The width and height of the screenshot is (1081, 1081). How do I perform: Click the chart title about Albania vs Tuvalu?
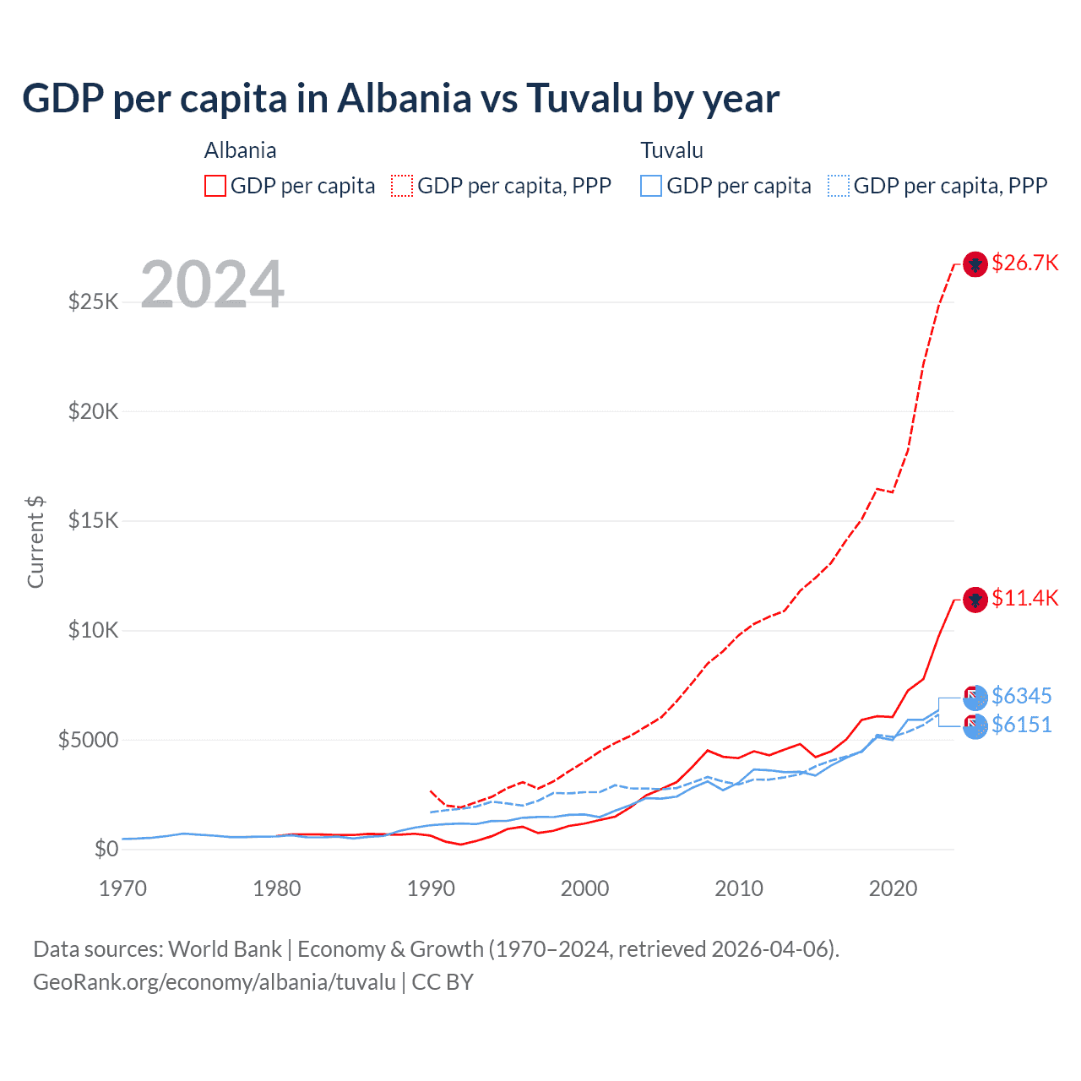(x=400, y=99)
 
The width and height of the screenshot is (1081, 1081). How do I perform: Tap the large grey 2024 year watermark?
(x=212, y=285)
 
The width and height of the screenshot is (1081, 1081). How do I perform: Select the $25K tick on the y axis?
(x=93, y=301)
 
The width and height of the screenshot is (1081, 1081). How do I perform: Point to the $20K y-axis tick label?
(x=93, y=411)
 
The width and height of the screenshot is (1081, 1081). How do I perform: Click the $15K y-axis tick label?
(x=93, y=520)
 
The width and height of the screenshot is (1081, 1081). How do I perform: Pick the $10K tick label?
(x=93, y=630)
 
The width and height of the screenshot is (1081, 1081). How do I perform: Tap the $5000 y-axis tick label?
(x=88, y=740)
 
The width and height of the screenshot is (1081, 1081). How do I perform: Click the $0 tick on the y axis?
(x=106, y=849)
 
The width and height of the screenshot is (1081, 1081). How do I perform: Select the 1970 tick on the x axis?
(x=123, y=888)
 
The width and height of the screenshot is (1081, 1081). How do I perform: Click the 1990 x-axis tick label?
(x=431, y=888)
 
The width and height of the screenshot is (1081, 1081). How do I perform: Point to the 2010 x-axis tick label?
(x=739, y=888)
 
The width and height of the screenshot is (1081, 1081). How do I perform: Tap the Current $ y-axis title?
(x=35, y=542)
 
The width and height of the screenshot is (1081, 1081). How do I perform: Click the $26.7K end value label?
(x=1024, y=263)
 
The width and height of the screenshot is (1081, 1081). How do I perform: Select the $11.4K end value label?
(x=1024, y=598)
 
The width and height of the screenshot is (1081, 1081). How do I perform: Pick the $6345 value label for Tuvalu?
(x=1021, y=696)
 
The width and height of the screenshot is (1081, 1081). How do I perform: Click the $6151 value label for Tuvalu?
(x=1021, y=725)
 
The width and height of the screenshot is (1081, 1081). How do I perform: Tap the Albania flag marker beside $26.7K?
(x=975, y=264)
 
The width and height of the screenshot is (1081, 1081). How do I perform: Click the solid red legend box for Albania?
(x=215, y=186)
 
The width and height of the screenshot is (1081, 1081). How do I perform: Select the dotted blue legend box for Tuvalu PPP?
(x=839, y=186)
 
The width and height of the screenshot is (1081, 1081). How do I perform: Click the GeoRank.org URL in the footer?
(x=215, y=982)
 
